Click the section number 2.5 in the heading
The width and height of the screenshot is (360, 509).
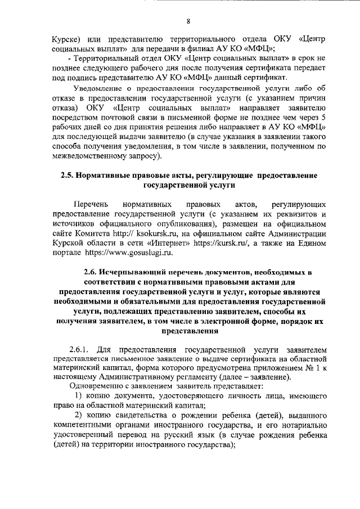click(x=68, y=176)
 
